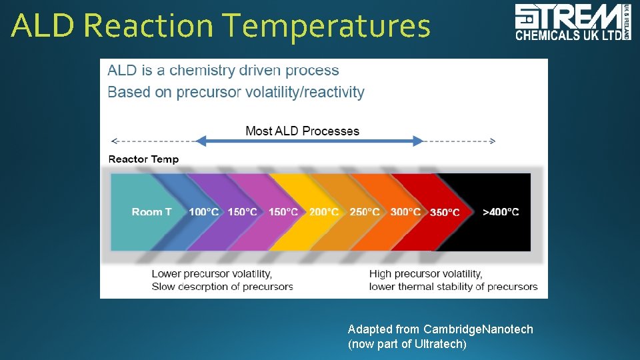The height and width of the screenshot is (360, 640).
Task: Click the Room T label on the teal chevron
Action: tap(151, 212)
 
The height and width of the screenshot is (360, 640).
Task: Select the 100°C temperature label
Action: tap(203, 212)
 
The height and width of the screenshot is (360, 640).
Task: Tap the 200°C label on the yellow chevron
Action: tap(323, 212)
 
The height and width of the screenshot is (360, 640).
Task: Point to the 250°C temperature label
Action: tap(365, 212)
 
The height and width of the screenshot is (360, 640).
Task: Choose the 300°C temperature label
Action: tap(405, 212)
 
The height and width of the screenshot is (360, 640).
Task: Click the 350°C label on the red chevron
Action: tap(445, 213)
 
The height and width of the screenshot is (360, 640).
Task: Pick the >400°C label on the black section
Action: tap(501, 212)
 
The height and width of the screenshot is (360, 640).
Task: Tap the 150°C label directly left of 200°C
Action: tap(283, 212)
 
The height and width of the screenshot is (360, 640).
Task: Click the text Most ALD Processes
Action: tap(302, 131)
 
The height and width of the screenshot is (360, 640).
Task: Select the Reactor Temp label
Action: tap(143, 159)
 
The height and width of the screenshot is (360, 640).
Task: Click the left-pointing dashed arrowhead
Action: tap(114, 141)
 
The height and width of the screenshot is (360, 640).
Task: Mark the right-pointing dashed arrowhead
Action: tap(492, 141)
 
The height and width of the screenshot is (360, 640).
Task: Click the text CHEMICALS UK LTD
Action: tap(568, 36)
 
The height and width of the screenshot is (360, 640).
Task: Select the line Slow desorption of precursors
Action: tap(222, 287)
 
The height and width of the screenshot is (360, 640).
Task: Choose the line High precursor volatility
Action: tap(425, 273)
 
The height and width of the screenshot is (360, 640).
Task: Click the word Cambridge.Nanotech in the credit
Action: tap(478, 329)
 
